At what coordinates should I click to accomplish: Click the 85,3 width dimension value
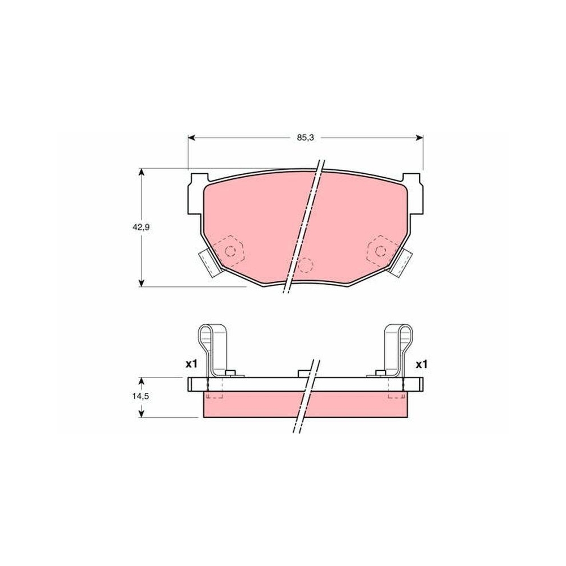coord(305,138)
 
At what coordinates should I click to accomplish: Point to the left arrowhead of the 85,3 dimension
coord(191,138)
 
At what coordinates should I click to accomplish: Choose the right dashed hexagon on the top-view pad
coord(379,249)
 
